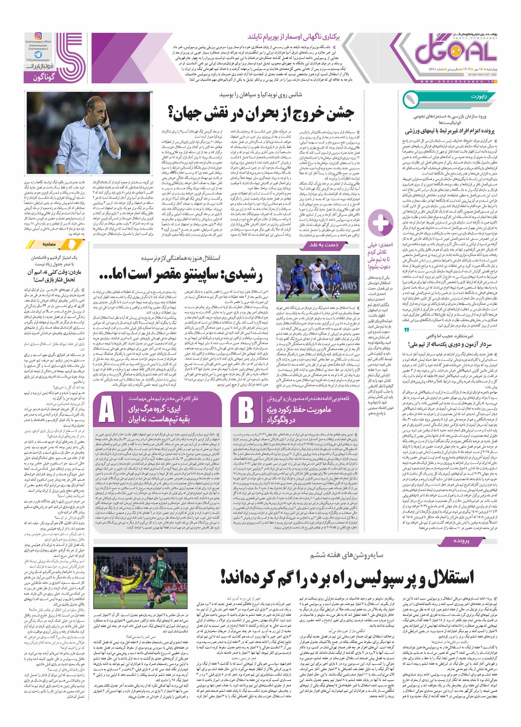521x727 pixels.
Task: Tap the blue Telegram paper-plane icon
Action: click(x=38, y=55)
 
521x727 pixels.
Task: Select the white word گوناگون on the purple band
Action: click(x=44, y=77)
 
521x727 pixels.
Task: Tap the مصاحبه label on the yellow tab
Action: click(x=49, y=244)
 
